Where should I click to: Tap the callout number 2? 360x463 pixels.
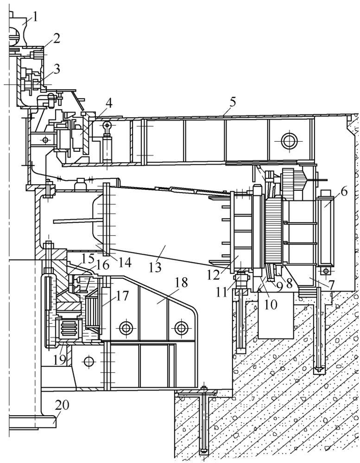point(56,38)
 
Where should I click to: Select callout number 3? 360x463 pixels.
point(56,69)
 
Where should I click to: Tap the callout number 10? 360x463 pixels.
point(271,304)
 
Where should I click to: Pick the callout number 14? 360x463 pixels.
point(124,263)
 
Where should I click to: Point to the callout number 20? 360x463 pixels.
point(63,406)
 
